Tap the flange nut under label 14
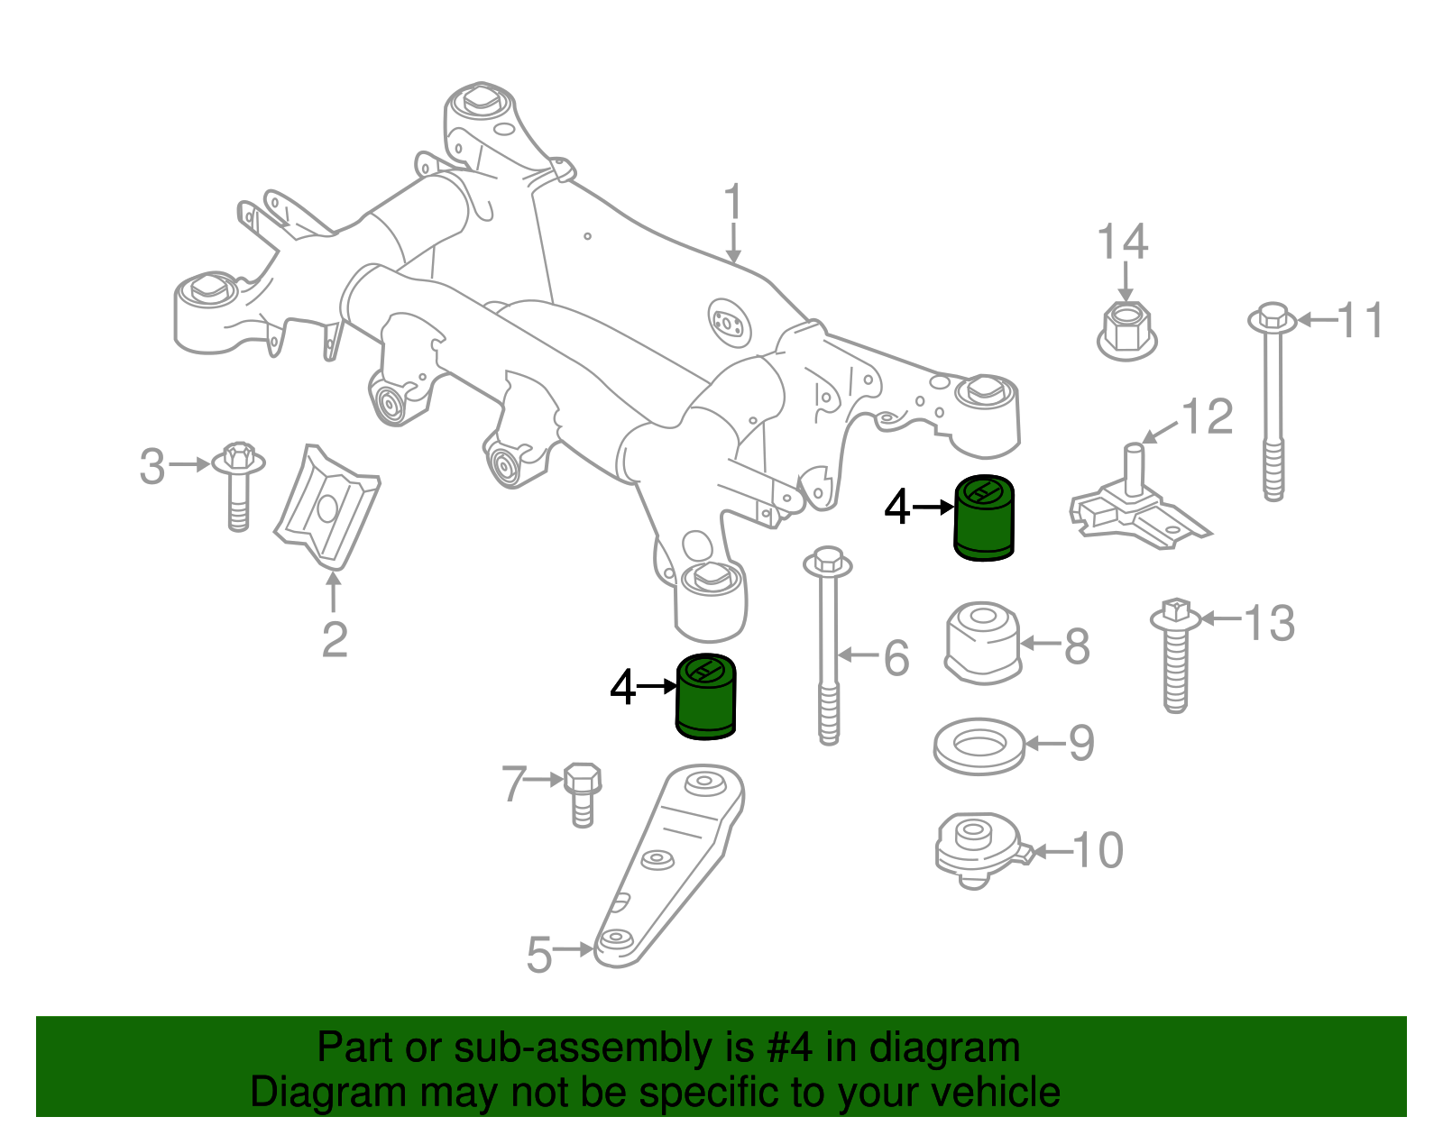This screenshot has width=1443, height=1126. click(x=1126, y=331)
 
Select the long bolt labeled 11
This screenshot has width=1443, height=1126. click(x=1273, y=406)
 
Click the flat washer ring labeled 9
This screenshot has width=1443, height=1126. click(x=979, y=746)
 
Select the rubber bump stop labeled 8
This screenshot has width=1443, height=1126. click(x=983, y=642)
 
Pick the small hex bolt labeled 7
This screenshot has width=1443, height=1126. click(x=582, y=793)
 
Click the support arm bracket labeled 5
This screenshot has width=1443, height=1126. click(x=672, y=865)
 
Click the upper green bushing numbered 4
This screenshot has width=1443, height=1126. click(x=984, y=518)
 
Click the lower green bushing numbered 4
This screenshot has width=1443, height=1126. click(x=706, y=697)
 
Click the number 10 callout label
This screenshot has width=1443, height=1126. click(x=1098, y=850)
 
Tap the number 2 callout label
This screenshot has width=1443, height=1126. click(x=335, y=639)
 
